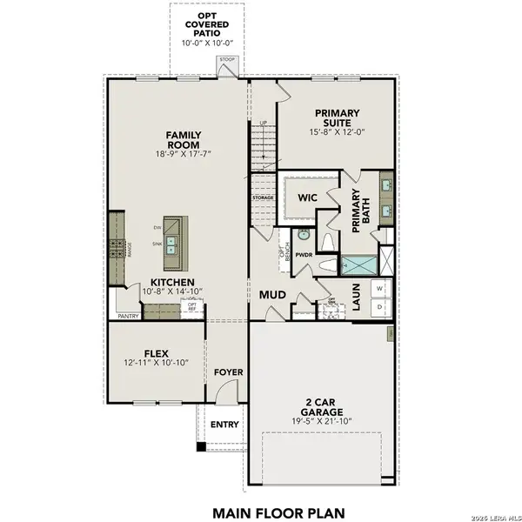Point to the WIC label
point(306,197)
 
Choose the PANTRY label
point(129,317)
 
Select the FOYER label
point(229,371)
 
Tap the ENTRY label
point(224,425)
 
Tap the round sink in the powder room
point(304,235)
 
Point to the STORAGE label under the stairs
point(264,198)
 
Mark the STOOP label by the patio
point(227,60)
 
